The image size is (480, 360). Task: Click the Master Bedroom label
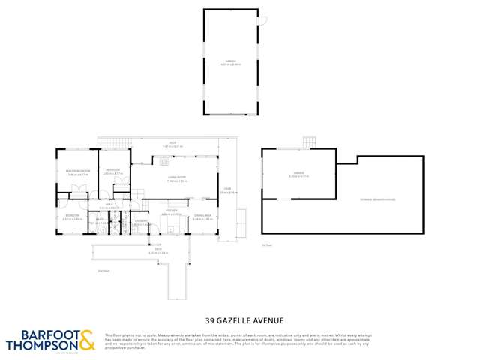[x=79, y=172]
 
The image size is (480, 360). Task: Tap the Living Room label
[x=177, y=178]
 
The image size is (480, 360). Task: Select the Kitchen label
[x=172, y=213]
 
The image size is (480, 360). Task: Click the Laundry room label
[x=140, y=222]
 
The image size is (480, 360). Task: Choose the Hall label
[x=109, y=205]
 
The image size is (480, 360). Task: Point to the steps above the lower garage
[x=310, y=142]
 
